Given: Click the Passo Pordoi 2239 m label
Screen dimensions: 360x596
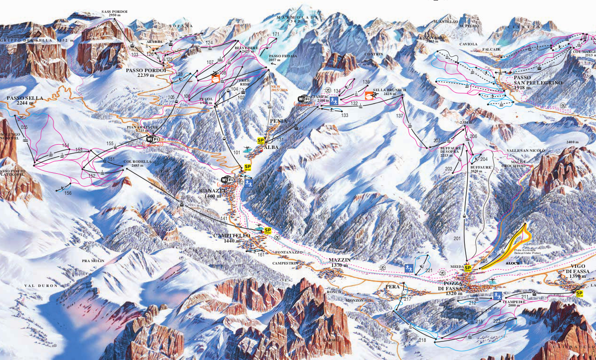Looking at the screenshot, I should click(146, 73).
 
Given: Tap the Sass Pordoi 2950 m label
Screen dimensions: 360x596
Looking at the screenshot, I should click(113, 13).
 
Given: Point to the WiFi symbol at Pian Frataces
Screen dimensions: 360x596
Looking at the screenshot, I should click(153, 139).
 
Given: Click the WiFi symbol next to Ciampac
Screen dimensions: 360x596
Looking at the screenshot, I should click(303, 99).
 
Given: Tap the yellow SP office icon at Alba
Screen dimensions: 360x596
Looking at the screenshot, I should click(261, 141).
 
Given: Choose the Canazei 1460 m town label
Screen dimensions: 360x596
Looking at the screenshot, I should click(211, 193).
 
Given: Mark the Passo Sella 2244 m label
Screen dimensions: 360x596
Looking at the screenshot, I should click(25, 101).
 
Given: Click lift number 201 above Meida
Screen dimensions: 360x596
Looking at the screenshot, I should click(457, 238).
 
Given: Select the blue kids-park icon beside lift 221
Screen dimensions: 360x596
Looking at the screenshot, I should click(408, 268).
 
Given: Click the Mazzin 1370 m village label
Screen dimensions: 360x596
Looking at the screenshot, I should click(339, 262).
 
